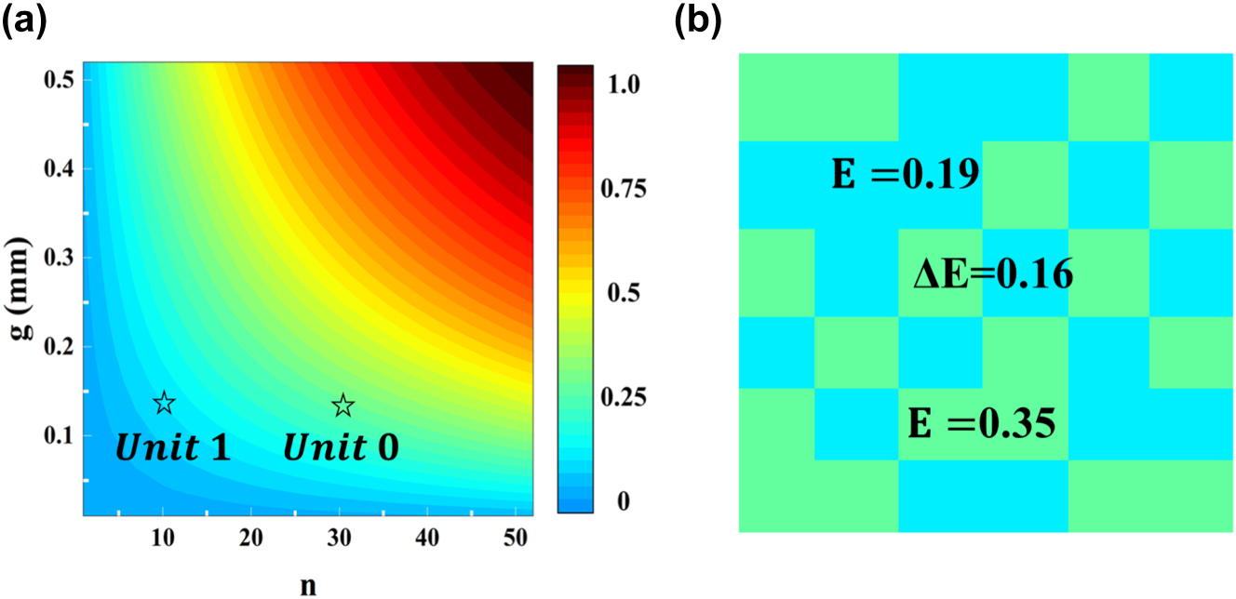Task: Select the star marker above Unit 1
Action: (164, 403)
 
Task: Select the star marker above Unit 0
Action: (343, 405)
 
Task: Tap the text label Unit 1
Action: (172, 449)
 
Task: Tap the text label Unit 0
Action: (342, 449)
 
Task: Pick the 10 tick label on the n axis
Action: (163, 538)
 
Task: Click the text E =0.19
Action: (905, 174)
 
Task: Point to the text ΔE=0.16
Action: (992, 275)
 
